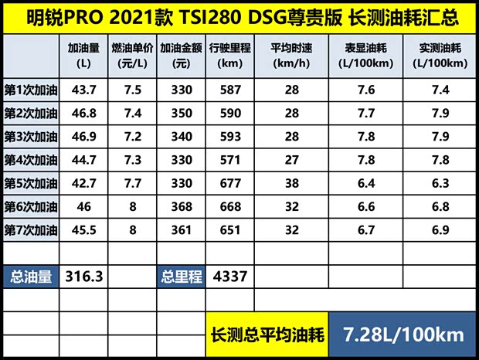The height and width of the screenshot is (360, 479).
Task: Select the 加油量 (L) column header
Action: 84,56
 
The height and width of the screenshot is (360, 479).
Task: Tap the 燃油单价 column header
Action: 132,56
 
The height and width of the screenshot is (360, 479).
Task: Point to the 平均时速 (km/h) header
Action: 291,56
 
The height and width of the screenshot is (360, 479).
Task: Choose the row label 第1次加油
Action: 30,90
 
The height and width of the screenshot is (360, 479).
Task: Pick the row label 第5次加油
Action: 30,183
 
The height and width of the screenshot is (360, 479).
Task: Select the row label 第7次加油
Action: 30,229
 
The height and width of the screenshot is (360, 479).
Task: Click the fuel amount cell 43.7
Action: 84,90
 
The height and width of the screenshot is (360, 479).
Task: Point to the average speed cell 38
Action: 291,183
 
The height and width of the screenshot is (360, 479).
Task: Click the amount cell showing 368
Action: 182,206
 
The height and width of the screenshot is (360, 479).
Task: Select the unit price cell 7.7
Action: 132,183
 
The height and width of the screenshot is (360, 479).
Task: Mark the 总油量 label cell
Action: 32,277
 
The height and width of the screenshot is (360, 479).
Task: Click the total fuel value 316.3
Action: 84,277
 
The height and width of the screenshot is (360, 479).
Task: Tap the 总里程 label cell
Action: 182,277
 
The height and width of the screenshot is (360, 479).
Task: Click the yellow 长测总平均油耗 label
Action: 267,335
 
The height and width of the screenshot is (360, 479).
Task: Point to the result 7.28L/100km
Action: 403,335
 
